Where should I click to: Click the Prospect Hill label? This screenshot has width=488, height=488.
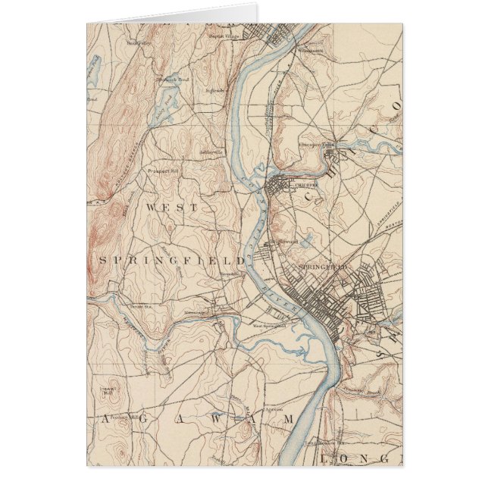[163, 171]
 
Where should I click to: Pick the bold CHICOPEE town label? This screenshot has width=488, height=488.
[301, 184]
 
